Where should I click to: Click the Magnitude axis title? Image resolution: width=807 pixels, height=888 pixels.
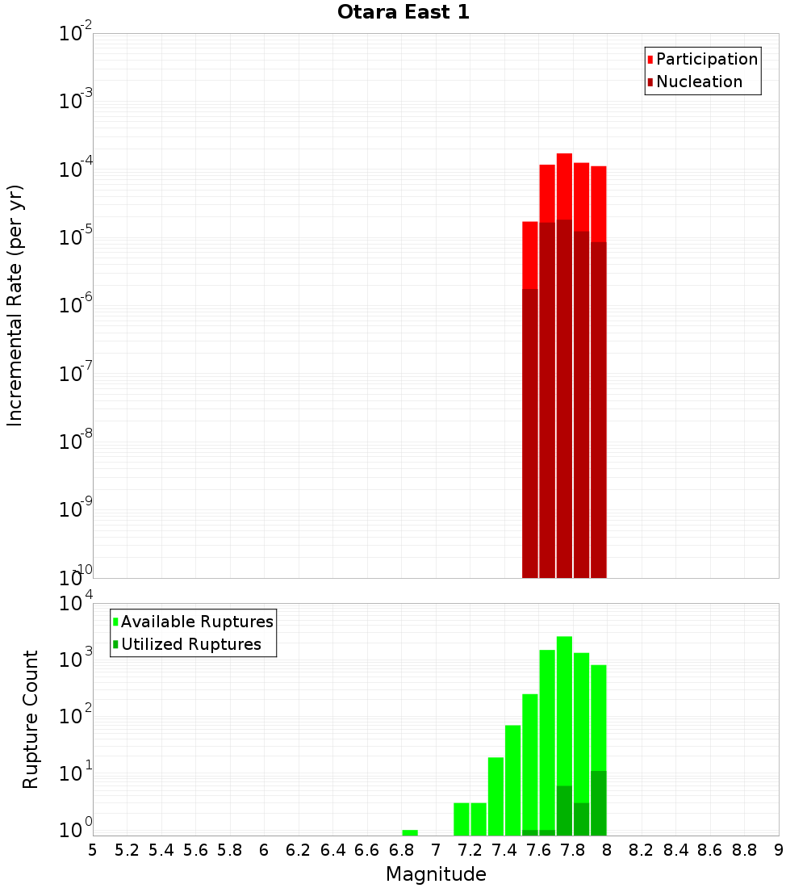tap(436, 874)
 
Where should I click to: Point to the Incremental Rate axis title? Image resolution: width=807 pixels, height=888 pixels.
tap(15, 305)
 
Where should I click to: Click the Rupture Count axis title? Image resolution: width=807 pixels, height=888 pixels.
tap(31, 718)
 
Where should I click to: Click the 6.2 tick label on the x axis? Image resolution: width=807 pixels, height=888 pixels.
tap(299, 850)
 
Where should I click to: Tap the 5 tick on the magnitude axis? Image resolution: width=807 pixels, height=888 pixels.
tap(93, 850)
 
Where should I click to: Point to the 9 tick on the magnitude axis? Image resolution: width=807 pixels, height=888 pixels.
tap(778, 850)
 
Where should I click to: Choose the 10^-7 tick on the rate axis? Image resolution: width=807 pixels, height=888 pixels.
tap(76, 374)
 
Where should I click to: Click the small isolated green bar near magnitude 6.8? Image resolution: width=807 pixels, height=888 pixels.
tap(410, 832)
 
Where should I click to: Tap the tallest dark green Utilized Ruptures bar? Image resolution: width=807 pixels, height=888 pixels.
tap(599, 803)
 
